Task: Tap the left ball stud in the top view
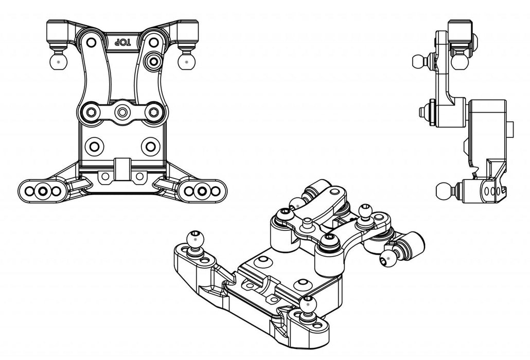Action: pos(58,61)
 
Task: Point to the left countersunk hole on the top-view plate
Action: pos(94,146)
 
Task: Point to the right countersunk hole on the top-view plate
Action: pos(150,146)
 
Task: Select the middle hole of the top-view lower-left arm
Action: pos(41,191)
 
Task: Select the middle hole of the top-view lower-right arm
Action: pos(203,191)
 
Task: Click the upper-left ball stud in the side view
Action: pos(419,62)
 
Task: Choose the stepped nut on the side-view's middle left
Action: pos(427,111)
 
